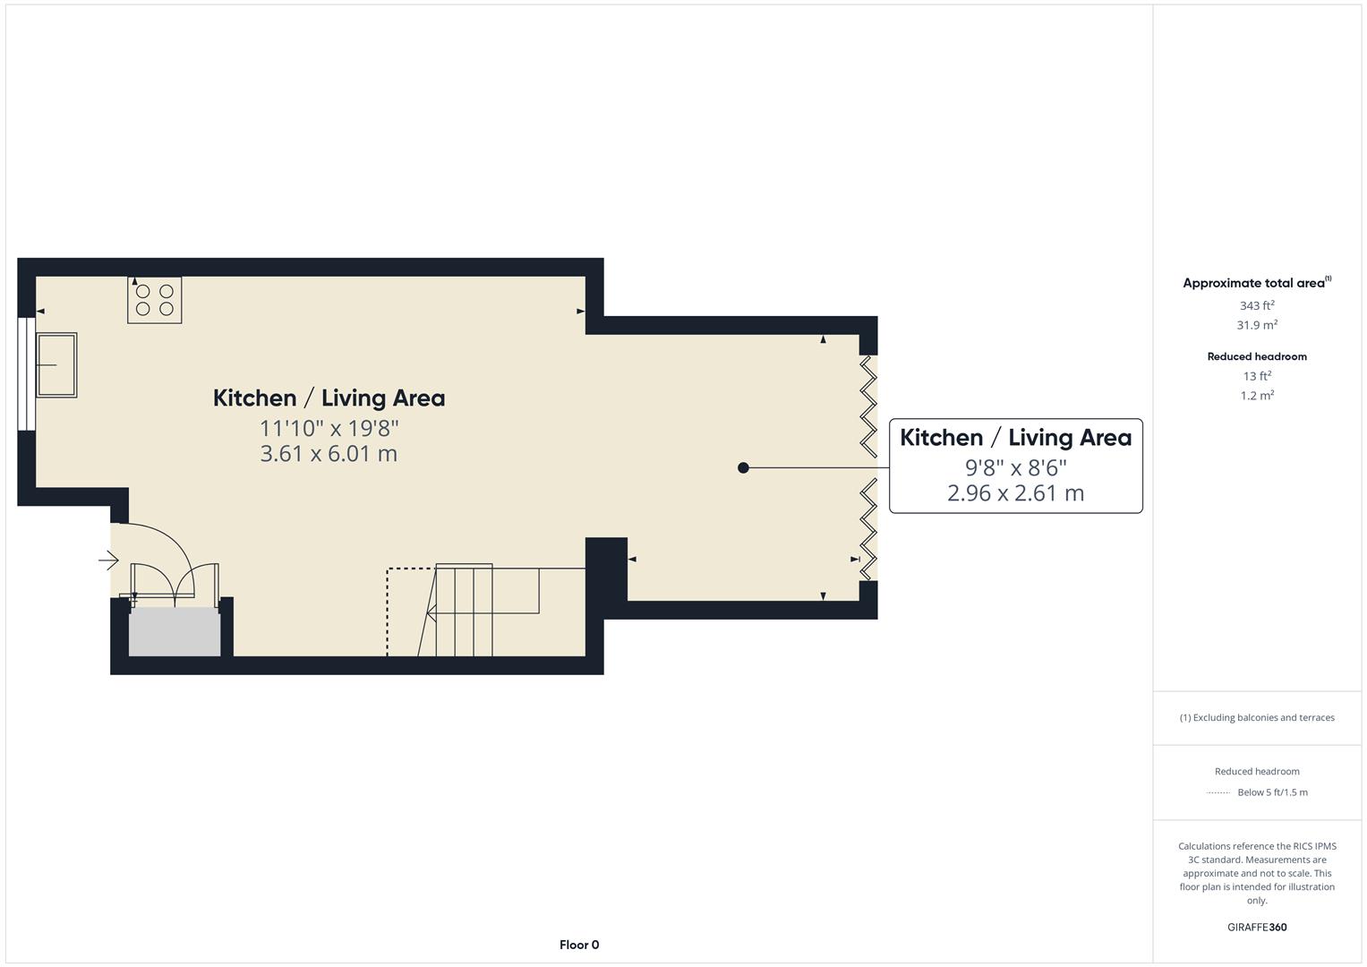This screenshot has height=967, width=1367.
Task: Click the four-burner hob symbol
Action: pos(154,300)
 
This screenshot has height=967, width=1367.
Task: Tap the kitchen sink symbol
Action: pos(56,364)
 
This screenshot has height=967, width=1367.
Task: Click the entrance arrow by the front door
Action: pos(108,561)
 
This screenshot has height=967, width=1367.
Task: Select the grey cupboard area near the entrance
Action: pos(175,632)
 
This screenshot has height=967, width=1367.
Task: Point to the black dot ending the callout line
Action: pos(743,467)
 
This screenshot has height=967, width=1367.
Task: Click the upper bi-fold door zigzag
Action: pos(867,406)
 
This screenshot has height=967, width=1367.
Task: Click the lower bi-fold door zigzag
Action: pos(867,528)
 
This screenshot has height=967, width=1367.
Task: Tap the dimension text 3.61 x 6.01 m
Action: pos(329,454)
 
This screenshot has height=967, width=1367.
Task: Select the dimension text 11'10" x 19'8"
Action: pos(329,428)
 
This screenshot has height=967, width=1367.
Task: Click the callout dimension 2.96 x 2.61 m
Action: pos(1015,493)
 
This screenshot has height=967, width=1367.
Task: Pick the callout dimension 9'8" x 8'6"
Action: pos(1015,467)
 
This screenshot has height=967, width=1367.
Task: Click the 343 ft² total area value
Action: pos(1257,306)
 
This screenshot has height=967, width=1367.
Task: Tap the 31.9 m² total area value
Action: pos(1257,326)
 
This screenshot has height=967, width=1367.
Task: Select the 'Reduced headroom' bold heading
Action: pos(1257,356)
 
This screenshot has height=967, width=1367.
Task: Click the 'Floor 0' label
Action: pos(579,945)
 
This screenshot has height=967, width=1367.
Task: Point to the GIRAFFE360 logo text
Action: pos(1257,928)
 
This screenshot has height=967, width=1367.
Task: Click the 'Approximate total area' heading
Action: pos(1253,283)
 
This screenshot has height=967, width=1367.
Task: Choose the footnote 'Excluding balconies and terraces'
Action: pos(1257,717)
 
